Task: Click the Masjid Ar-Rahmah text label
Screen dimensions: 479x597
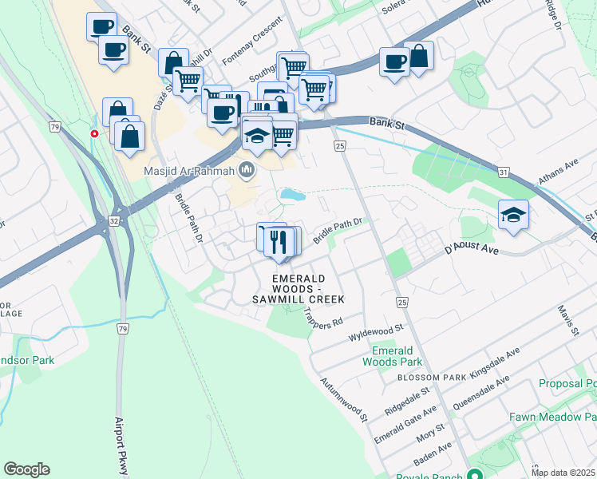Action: (x=189, y=171)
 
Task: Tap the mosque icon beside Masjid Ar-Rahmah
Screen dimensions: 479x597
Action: (x=247, y=170)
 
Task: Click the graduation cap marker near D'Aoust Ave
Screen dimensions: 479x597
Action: (x=514, y=215)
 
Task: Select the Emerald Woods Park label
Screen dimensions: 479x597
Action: (x=392, y=356)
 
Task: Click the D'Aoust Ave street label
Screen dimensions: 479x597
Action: (x=471, y=250)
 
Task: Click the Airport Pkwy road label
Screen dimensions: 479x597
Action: (x=121, y=445)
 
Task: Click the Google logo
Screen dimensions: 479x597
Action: (x=26, y=469)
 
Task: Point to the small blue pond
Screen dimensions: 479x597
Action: (x=292, y=195)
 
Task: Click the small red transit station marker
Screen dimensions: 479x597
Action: (x=95, y=133)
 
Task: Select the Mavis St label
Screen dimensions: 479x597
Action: (x=567, y=320)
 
